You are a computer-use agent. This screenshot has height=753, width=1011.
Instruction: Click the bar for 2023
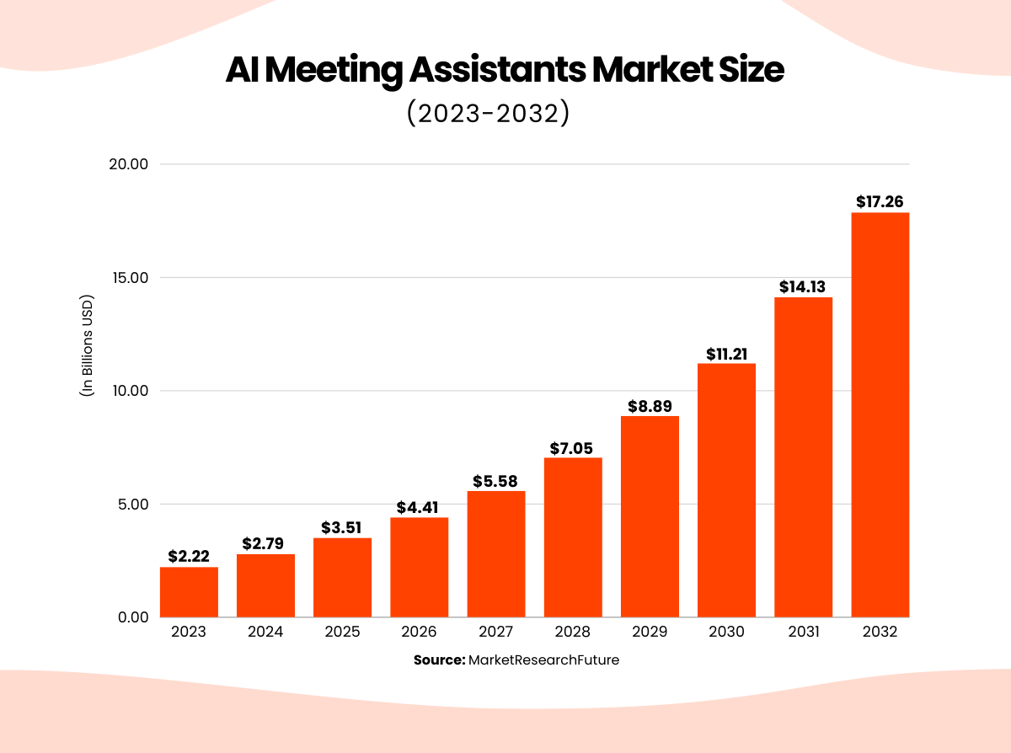point(189,592)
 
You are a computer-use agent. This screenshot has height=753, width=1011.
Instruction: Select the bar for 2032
point(880,414)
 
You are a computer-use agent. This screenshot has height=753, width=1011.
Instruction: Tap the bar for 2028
point(573,537)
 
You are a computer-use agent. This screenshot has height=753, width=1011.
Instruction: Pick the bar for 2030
point(726,490)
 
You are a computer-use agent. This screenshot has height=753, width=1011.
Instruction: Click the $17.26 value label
point(880,202)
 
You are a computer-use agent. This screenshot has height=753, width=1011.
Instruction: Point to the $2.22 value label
point(189,557)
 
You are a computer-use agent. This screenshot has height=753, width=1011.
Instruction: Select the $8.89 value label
point(650,406)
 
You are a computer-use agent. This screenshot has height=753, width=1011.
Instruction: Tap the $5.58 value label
point(496,481)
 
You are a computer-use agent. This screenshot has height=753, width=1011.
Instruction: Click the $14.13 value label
point(803,287)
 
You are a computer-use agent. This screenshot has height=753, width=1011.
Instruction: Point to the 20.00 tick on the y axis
point(129,164)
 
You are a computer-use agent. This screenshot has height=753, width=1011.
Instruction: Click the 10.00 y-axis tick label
point(129,391)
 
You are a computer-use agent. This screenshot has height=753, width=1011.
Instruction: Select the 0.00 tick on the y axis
point(132,617)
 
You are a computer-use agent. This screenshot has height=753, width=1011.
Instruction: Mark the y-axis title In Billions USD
point(87,345)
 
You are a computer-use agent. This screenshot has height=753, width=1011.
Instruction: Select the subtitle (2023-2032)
point(488,114)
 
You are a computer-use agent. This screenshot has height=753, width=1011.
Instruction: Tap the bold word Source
point(439,660)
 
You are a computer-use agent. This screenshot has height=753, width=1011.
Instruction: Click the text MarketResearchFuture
point(543,660)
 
